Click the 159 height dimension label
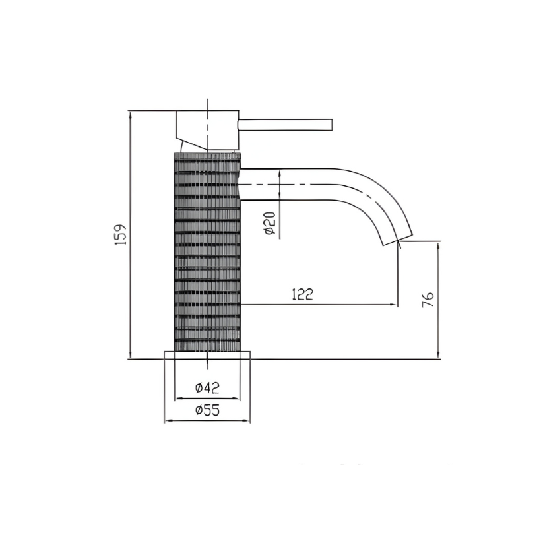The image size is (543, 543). [x=120, y=235]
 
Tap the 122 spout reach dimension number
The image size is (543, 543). [x=302, y=294]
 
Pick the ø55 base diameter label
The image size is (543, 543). [x=207, y=410]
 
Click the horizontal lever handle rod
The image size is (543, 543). [x=284, y=125]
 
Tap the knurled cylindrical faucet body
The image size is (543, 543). [x=207, y=254]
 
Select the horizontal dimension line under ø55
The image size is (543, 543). [x=207, y=420]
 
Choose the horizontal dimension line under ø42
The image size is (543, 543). [x=207, y=399]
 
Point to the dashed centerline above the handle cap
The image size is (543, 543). [x=207, y=105]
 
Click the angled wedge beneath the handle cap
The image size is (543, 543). [x=191, y=143]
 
